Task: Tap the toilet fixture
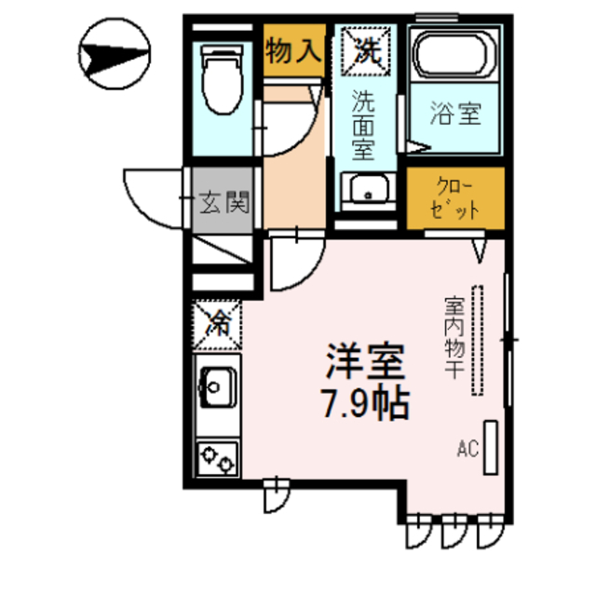click(221, 81)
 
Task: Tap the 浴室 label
click(456, 116)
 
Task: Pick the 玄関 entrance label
click(223, 199)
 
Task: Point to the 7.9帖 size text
click(365, 402)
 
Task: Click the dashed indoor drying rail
click(479, 340)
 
